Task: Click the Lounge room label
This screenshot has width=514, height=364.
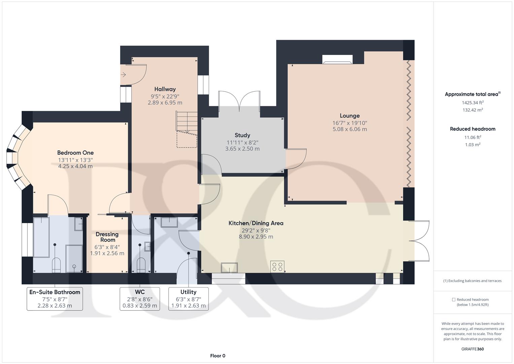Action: pos(349,116)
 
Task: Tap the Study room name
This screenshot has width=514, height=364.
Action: pos(242,135)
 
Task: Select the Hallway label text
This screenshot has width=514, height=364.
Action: pos(165,89)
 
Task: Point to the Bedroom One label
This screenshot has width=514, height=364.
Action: pos(75,153)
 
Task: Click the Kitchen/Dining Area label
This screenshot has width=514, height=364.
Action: pos(256,223)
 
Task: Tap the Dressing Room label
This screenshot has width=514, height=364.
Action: pos(107,237)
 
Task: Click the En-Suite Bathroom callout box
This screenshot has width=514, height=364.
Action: pos(55,299)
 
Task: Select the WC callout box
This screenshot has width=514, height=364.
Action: pos(140,299)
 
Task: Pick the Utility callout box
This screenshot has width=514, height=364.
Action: pos(189,299)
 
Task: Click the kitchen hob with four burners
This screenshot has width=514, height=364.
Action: pos(277,267)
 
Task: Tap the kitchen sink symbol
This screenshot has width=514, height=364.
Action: pos(229,268)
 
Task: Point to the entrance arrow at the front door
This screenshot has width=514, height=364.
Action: pos(124,74)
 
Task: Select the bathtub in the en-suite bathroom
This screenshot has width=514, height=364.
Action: pos(41,237)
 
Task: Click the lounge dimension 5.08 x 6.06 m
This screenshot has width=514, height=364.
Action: pos(350,129)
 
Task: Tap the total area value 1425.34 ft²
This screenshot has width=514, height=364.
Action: pos(473,102)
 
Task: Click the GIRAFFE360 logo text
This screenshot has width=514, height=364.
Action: pos(473,349)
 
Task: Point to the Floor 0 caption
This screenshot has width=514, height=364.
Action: pos(217,356)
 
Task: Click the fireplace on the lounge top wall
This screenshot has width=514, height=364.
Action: pos(338,59)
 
